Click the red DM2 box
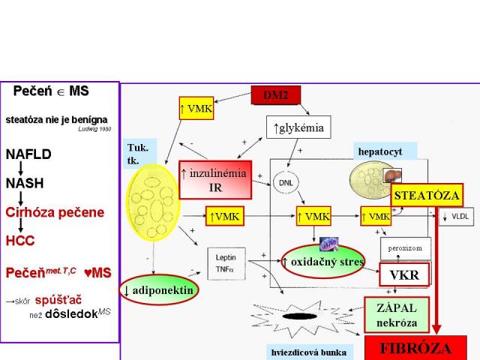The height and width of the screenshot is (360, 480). click(x=275, y=95)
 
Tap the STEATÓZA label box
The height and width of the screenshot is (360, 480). click(x=426, y=195)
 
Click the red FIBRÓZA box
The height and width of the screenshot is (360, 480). click(x=416, y=349)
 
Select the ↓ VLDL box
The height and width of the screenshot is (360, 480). click(x=457, y=217)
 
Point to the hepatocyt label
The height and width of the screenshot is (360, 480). click(x=379, y=151)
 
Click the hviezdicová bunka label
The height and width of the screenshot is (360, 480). click(x=309, y=350)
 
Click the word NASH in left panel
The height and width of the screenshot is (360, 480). click(x=25, y=184)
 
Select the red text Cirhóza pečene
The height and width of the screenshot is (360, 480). click(x=55, y=211)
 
